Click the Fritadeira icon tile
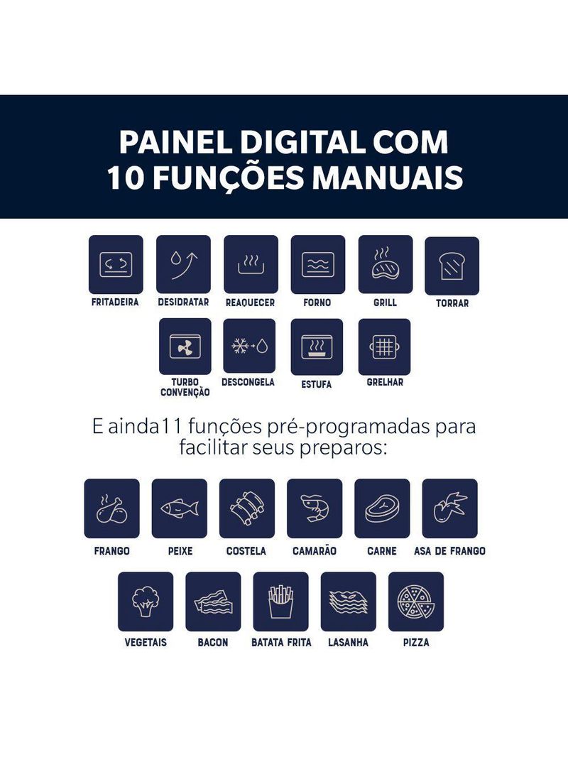pyautogui.click(x=116, y=265)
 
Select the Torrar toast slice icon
pyautogui.click(x=452, y=266)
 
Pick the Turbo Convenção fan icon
pyautogui.click(x=185, y=347)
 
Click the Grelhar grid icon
pyautogui.click(x=385, y=347)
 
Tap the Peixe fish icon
pyautogui.click(x=180, y=508)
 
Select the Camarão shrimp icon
pyautogui.click(x=315, y=508)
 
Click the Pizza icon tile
pyautogui.click(x=416, y=601)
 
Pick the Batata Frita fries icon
pyautogui.click(x=281, y=601)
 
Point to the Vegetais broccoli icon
pyautogui.click(x=146, y=601)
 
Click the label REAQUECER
pyautogui.click(x=250, y=303)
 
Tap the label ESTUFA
pyautogui.click(x=317, y=384)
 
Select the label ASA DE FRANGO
pyautogui.click(x=449, y=551)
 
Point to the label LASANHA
pyautogui.click(x=348, y=643)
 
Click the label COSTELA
pyautogui.click(x=246, y=551)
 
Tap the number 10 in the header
pyautogui.click(x=126, y=178)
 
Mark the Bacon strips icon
pyautogui.click(x=213, y=602)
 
